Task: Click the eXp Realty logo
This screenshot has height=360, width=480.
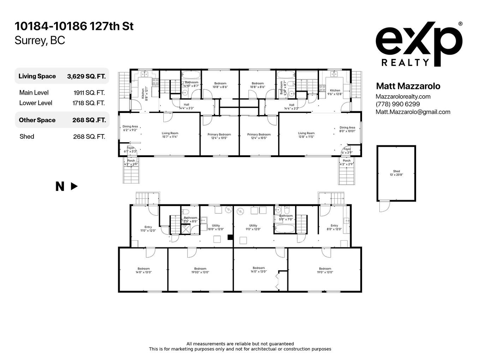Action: (x=419, y=44)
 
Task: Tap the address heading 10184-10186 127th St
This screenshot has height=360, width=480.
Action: (x=74, y=26)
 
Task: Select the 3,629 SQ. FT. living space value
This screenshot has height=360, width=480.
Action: (x=86, y=76)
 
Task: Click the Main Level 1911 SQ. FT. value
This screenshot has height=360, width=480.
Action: (x=89, y=93)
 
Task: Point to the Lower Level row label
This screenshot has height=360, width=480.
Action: (x=36, y=103)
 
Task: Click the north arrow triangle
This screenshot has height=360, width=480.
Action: (x=74, y=186)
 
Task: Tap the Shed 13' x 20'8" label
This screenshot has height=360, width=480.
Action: (x=396, y=173)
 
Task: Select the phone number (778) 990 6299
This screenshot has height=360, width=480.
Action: (x=398, y=104)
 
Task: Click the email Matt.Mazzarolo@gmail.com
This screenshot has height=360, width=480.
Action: (x=413, y=112)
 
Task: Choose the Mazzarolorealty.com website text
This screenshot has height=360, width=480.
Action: (x=403, y=96)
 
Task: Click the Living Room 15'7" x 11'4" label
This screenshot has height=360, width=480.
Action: (x=170, y=135)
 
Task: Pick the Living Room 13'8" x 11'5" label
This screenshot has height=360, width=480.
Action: (x=306, y=135)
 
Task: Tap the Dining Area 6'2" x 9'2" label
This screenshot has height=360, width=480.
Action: (x=130, y=128)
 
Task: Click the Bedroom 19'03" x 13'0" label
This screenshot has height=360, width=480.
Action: (x=200, y=270)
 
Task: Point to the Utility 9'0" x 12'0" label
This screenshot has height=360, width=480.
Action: (x=253, y=227)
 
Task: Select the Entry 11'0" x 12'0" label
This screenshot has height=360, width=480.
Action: (x=148, y=229)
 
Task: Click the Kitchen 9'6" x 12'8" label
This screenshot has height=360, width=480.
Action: (x=335, y=92)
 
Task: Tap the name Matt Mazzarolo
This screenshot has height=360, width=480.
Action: (x=408, y=86)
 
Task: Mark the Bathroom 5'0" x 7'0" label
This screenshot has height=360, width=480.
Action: (x=286, y=217)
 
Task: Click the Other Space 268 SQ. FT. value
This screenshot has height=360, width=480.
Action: (x=89, y=120)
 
